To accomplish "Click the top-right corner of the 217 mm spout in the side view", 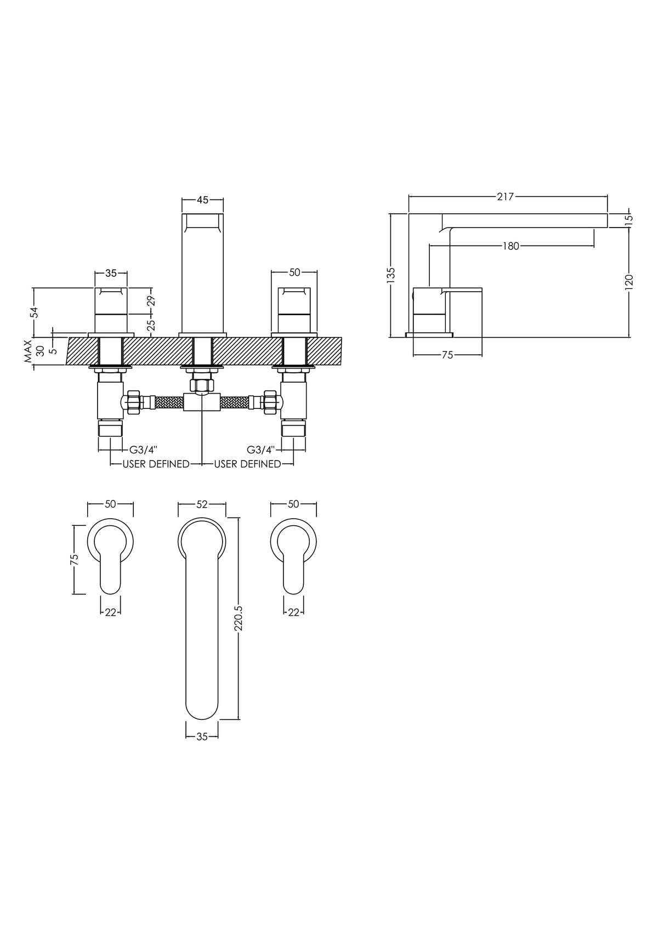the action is (x=608, y=214).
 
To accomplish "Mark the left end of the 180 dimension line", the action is (x=429, y=246).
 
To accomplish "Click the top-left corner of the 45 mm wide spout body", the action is (x=182, y=214).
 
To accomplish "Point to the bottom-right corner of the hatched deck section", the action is (x=342, y=365).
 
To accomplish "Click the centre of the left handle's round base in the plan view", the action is (x=111, y=542).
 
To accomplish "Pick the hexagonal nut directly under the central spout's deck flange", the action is (x=202, y=385).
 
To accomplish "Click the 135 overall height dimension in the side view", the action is (x=391, y=275).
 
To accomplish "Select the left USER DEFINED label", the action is (x=156, y=464).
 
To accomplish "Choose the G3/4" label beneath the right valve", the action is (x=261, y=450).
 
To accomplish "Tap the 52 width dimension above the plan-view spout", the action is (x=202, y=504).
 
